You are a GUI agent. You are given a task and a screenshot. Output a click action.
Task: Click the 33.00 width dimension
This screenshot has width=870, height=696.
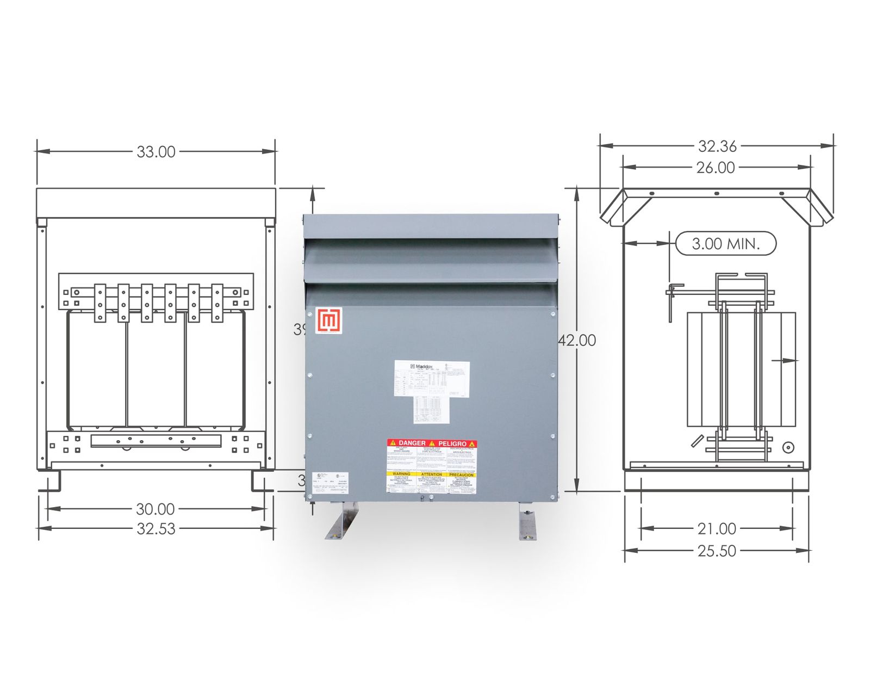coord(156,152)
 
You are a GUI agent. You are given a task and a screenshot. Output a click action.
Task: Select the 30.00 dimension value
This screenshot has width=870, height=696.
coord(156,509)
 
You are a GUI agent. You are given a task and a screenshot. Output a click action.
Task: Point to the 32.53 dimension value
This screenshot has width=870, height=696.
coord(156,528)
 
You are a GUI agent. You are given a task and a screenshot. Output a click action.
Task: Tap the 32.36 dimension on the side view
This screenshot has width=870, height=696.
coord(717,146)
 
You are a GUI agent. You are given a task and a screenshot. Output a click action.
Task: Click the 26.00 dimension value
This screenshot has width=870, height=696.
coord(716,168)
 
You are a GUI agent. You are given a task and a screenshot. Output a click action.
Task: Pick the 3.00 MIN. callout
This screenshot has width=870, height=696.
coord(725,243)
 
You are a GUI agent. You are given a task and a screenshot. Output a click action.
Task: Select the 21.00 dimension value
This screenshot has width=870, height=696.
coord(717,528)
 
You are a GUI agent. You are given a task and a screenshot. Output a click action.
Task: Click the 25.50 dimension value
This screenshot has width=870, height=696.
coord(717,551)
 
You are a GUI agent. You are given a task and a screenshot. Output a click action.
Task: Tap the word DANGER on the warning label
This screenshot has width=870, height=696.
coord(412,444)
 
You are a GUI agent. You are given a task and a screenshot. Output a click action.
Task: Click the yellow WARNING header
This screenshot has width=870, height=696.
coord(401,475)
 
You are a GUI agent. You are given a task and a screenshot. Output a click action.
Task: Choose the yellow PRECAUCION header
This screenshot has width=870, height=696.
coord(462,475)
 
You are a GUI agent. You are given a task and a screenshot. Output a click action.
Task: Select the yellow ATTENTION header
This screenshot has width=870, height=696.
coord(432,475)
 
